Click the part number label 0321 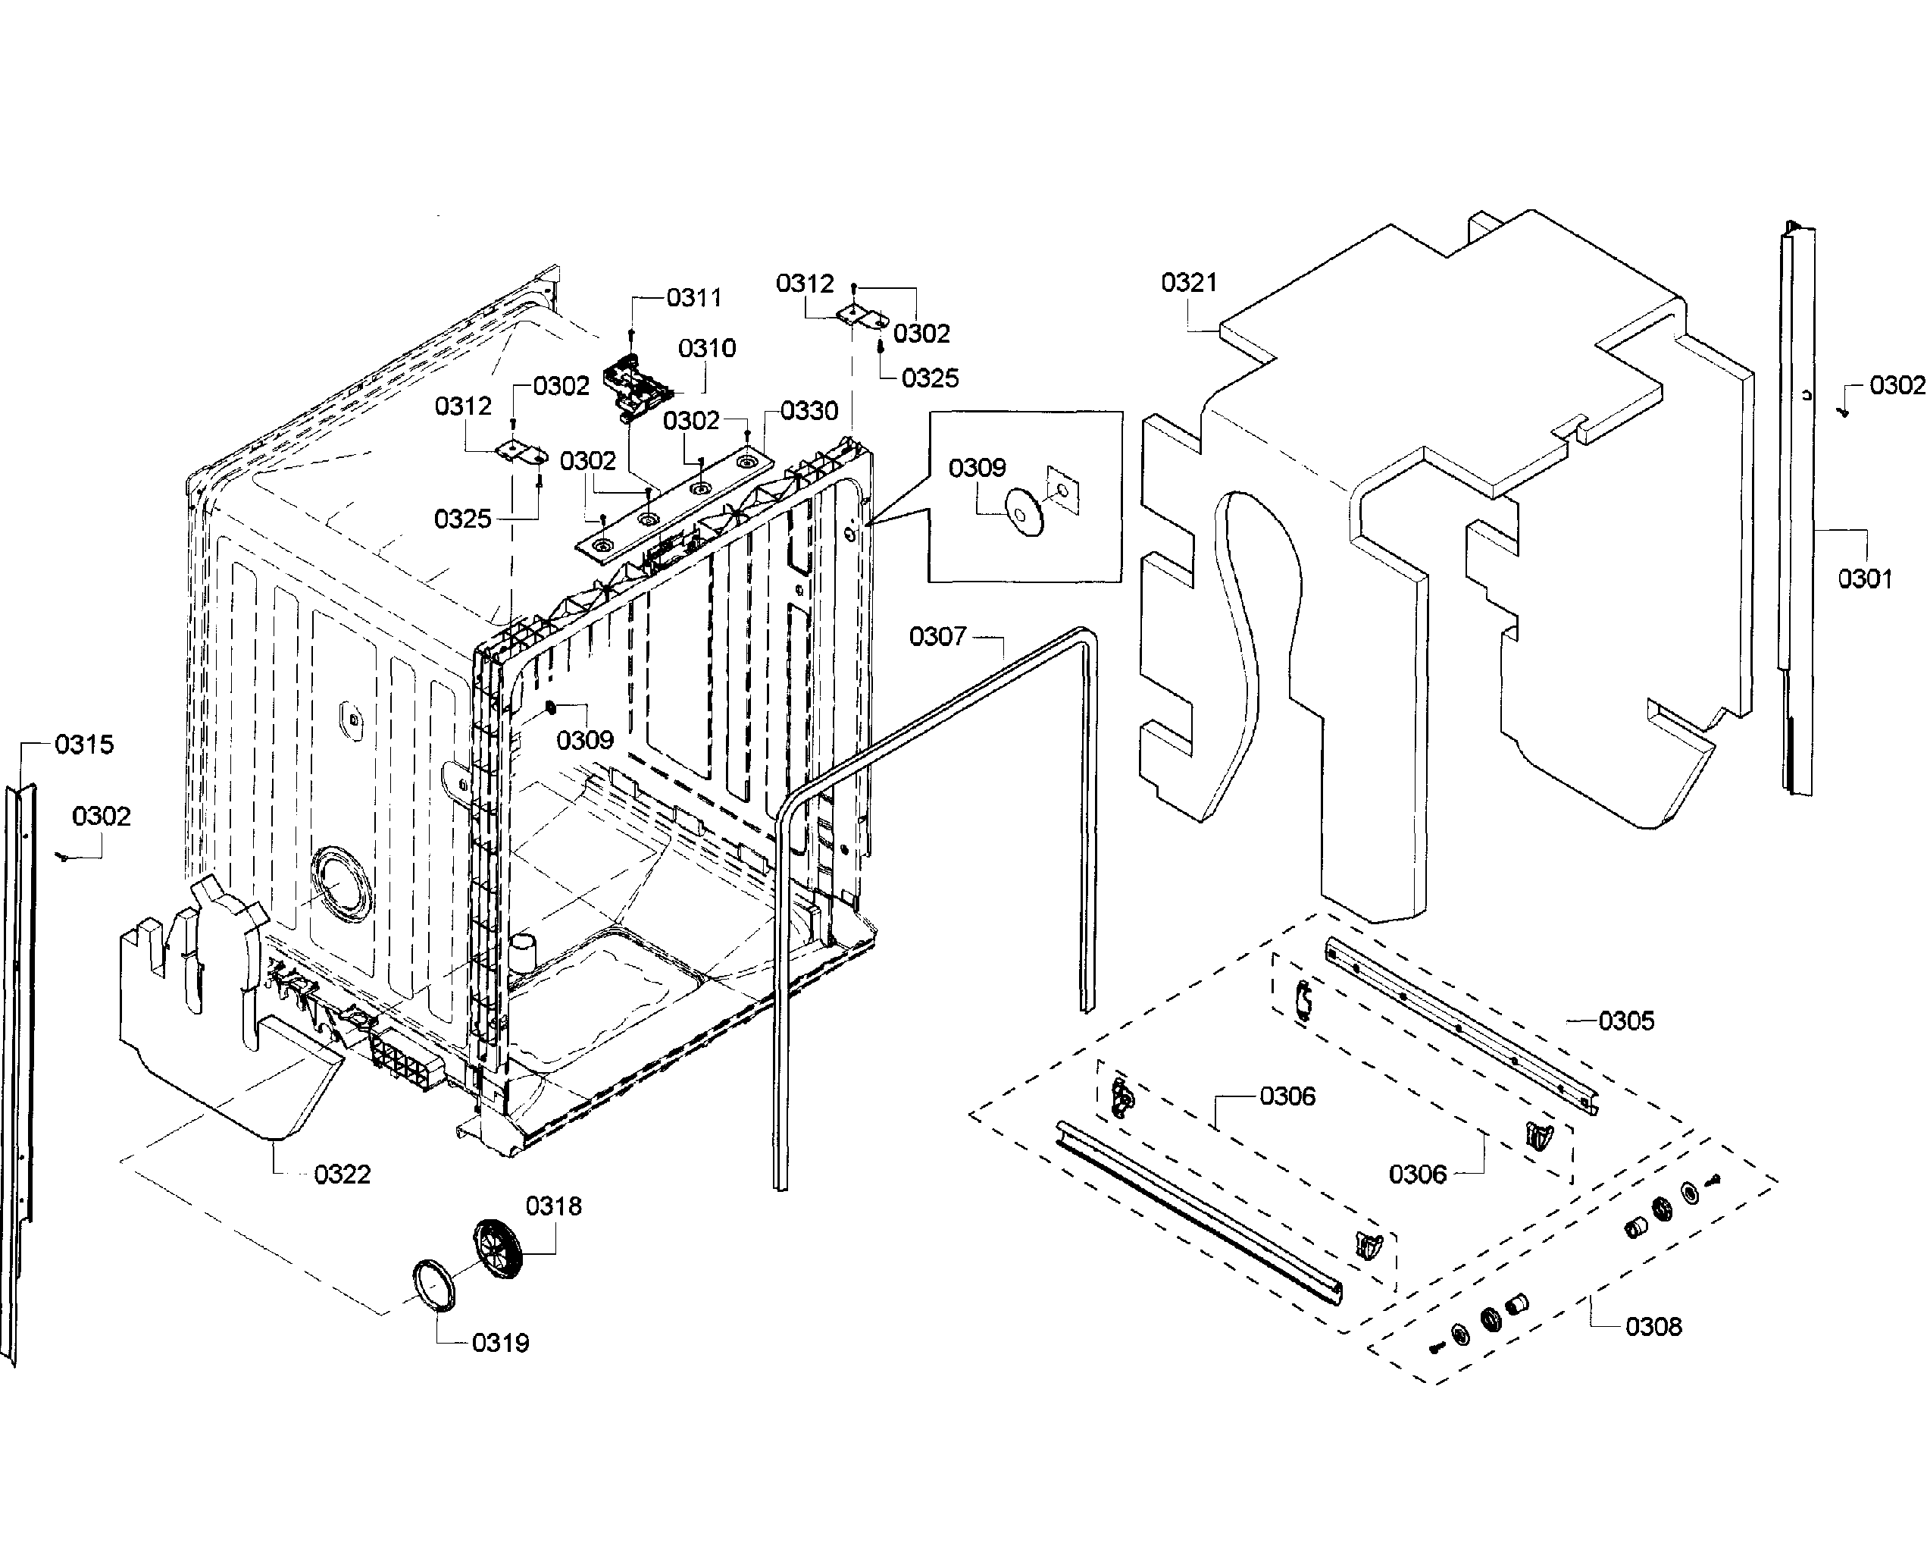(x=1188, y=284)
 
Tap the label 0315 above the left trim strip (x=84, y=744)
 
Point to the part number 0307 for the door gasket (x=937, y=637)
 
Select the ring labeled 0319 (x=433, y=1286)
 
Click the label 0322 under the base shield (x=342, y=1174)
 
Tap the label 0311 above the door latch (x=693, y=298)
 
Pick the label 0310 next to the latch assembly (x=706, y=348)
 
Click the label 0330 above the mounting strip (x=808, y=410)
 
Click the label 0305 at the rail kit (x=1626, y=1021)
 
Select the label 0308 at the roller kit (x=1653, y=1326)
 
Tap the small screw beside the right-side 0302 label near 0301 (x=1842, y=412)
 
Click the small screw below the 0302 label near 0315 (x=64, y=857)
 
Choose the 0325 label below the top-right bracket (x=930, y=378)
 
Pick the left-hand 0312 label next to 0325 (x=462, y=407)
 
